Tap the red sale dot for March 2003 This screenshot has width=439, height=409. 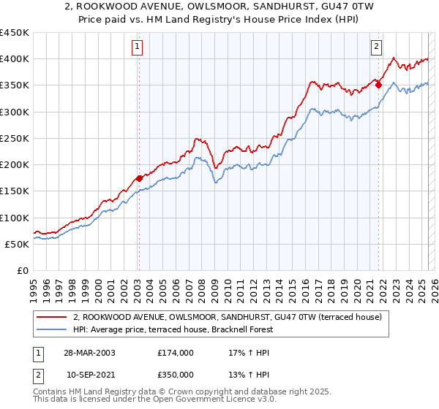[139, 177]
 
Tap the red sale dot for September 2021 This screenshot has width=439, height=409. [379, 85]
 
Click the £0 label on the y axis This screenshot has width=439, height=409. [23, 270]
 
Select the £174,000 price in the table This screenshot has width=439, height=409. [175, 352]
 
